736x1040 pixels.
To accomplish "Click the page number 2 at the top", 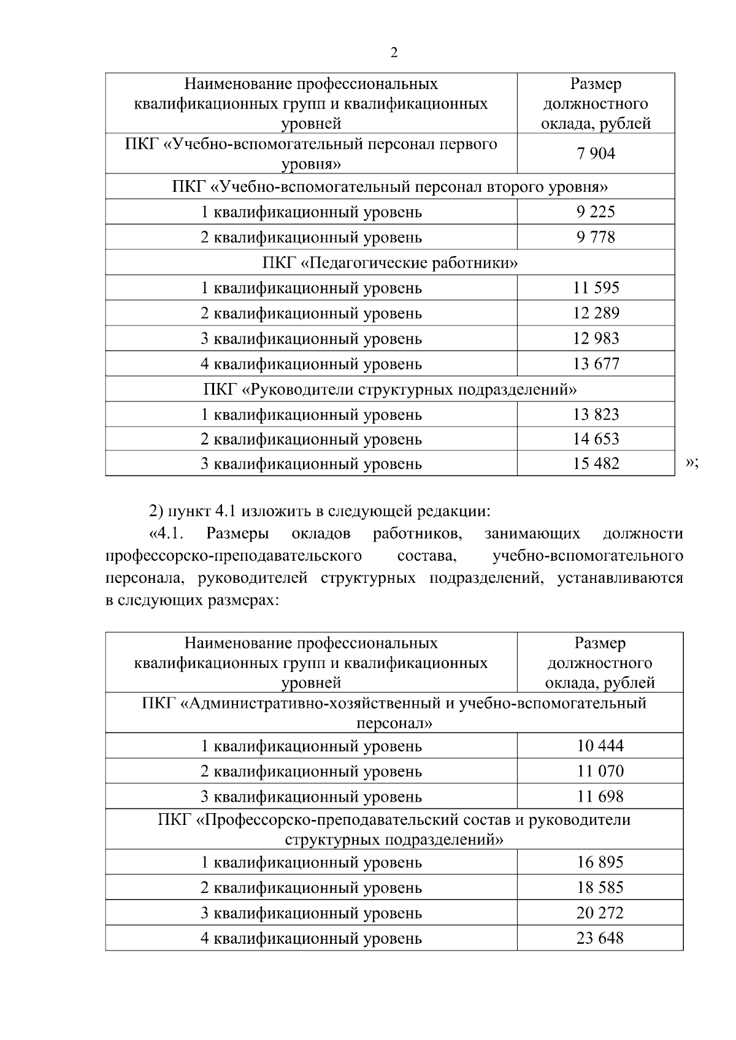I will click(394, 53).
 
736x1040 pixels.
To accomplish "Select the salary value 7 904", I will click(596, 154).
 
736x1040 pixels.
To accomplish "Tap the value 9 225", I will click(596, 212).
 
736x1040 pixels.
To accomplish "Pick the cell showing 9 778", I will click(596, 237).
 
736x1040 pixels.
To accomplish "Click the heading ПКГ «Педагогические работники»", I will click(390, 263).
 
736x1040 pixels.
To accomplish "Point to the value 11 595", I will click(596, 287).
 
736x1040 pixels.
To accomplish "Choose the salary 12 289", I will click(596, 313).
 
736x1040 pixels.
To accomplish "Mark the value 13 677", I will click(596, 364).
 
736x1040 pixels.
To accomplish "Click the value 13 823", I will click(596, 415).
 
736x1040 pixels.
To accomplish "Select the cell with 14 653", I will click(596, 439).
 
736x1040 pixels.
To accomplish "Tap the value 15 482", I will click(596, 464).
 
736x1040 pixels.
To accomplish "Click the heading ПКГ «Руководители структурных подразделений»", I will click(390, 390).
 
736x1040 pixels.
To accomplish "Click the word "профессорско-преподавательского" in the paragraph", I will click(233, 556).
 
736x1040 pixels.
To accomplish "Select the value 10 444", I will click(600, 746).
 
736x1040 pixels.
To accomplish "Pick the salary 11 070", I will click(600, 771).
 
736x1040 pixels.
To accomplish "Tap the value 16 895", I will click(600, 862).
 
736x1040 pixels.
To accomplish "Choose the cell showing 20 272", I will click(600, 913).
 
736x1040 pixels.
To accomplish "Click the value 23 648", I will click(600, 938).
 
